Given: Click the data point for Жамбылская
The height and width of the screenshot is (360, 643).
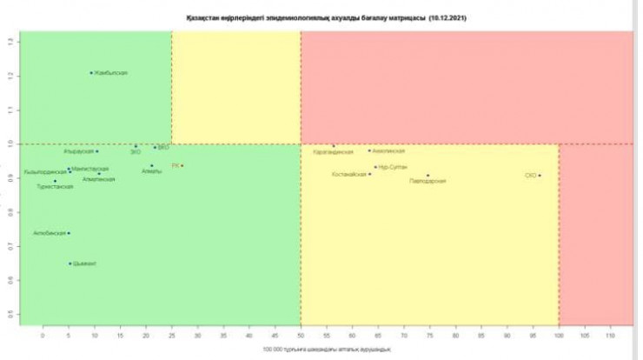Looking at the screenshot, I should point(91,73).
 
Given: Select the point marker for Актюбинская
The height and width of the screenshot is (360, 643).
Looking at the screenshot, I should point(69,233).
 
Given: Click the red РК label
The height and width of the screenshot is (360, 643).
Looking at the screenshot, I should point(175,165).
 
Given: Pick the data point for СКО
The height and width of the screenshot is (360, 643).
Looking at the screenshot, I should point(540,176).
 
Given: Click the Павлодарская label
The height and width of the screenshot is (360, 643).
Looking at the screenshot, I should point(428,181).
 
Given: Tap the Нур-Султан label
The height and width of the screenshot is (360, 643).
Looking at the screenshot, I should point(393,166).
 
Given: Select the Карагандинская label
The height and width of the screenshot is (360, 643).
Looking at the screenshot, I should point(333,152).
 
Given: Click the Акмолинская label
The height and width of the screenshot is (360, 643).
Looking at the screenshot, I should point(388,150).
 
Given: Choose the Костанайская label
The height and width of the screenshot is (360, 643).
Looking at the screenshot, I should point(349,174).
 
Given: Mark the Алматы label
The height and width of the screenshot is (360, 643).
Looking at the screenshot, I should point(151,171).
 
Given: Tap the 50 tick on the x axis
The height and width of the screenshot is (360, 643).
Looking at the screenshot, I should point(301,333).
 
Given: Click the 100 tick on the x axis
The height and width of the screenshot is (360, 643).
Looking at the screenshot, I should point(559,333).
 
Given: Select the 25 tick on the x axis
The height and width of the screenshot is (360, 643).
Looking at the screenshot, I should point(172,333).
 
